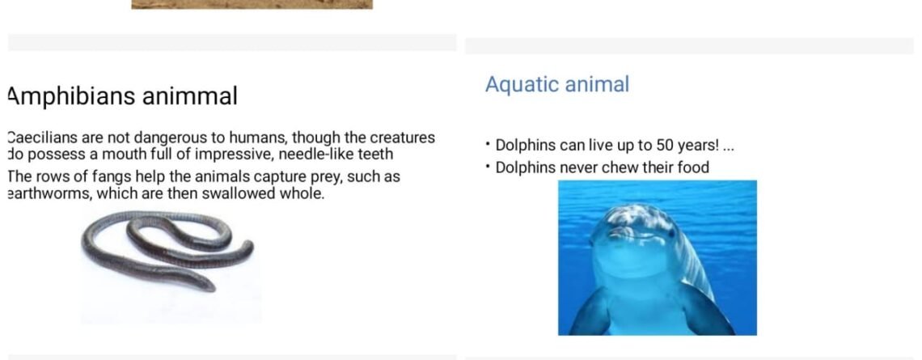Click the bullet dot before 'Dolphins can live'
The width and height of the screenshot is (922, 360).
tap(488, 143)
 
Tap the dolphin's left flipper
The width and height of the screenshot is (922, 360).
tap(591, 312)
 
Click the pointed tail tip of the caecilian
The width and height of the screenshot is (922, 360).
tap(212, 288)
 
